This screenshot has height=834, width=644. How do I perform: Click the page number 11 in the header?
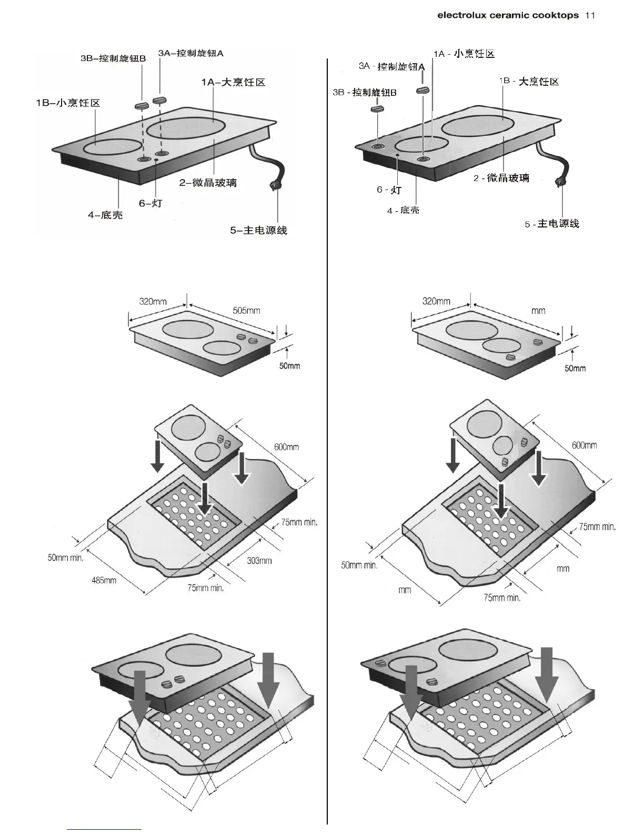(x=590, y=15)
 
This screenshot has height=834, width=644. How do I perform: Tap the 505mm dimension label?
(x=246, y=310)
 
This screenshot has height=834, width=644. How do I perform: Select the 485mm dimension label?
(x=104, y=580)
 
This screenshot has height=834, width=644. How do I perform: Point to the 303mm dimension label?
(x=259, y=560)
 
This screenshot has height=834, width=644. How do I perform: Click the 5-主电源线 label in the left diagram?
(x=258, y=230)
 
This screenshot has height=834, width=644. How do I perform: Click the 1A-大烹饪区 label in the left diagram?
(x=233, y=82)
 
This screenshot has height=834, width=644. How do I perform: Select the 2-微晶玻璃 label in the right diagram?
(x=501, y=178)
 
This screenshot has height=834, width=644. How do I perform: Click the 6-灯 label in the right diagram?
(x=389, y=190)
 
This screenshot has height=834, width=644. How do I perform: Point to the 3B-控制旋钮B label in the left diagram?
(x=113, y=58)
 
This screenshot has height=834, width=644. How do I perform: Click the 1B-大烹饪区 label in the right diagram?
(x=529, y=81)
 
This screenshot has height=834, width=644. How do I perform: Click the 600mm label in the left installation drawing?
(x=286, y=446)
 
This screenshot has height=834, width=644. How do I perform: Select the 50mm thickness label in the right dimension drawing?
(x=575, y=368)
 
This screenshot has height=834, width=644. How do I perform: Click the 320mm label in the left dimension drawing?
(x=153, y=302)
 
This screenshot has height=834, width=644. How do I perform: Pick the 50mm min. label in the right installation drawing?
(x=359, y=565)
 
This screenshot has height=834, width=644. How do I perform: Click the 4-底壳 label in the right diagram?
(x=403, y=211)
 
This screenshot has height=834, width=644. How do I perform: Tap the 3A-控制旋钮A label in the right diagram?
(x=391, y=66)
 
